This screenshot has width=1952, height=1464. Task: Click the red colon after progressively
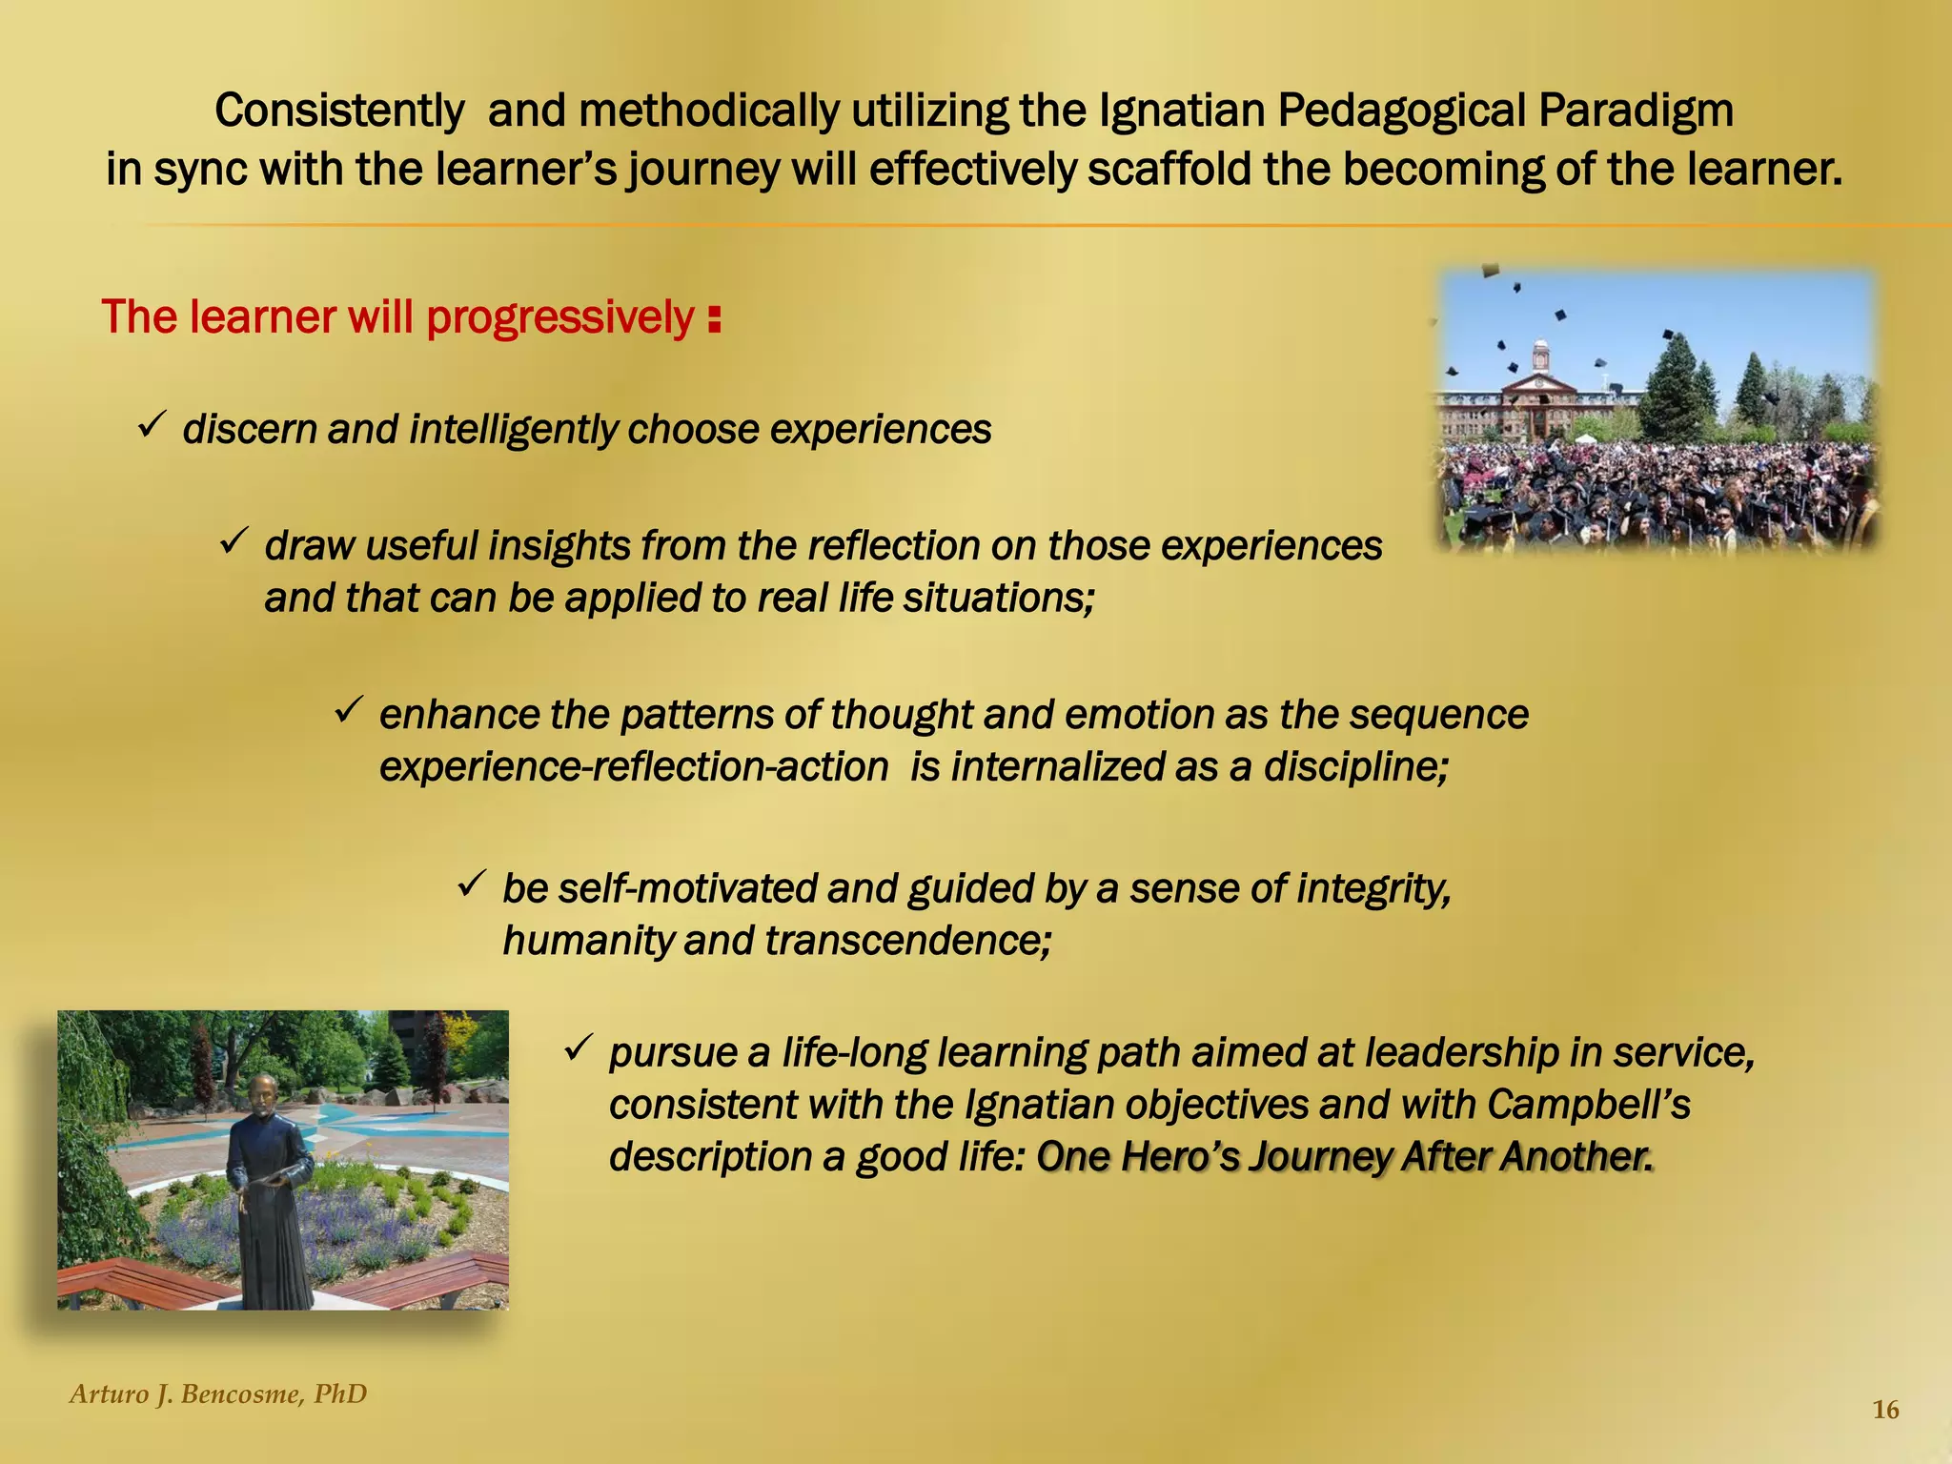coord(715,320)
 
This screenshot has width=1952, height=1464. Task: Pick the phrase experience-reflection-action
coord(634,767)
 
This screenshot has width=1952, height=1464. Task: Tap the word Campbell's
coord(1588,1105)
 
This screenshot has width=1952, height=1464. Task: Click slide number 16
coord(1885,1411)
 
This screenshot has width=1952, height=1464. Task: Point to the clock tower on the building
coord(1540,356)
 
